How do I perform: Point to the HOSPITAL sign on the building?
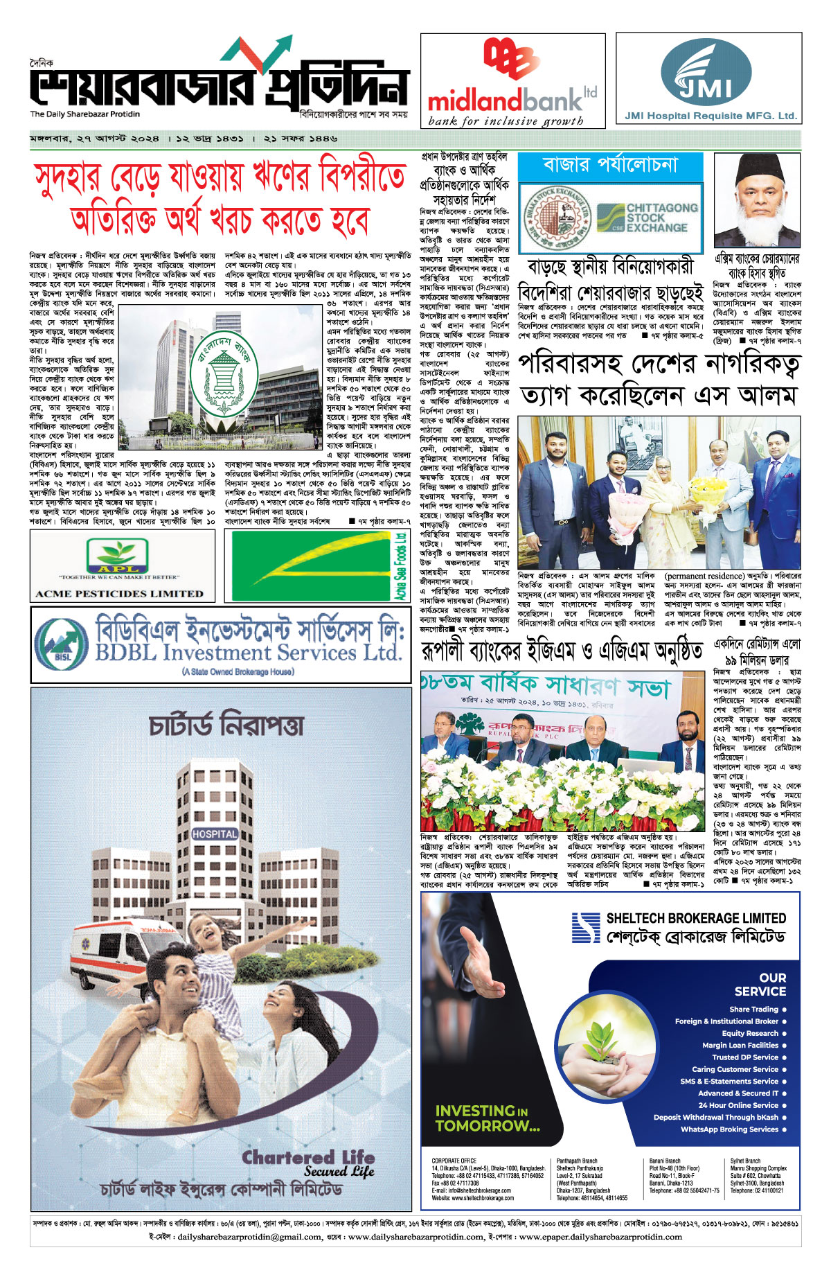[215, 834]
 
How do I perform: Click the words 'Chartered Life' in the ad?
[308, 1158]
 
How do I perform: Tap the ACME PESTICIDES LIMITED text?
[120, 594]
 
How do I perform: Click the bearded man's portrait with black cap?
[757, 200]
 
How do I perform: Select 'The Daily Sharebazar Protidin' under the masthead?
[84, 114]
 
